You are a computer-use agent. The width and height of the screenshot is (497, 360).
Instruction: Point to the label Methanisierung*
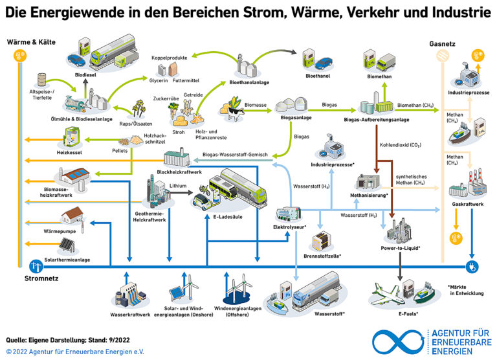369,195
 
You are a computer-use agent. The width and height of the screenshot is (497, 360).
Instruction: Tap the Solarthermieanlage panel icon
68,245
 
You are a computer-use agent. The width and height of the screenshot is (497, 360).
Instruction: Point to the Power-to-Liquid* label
401,248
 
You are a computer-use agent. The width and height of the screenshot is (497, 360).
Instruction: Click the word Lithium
178,185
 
